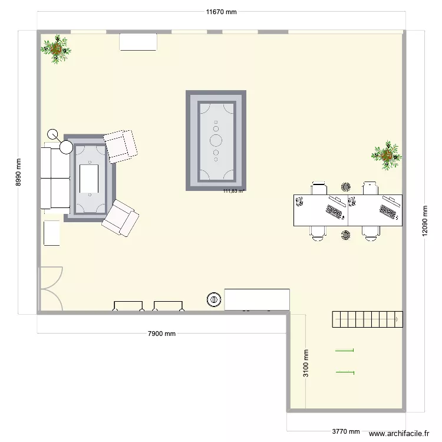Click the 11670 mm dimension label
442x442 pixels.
pyautogui.click(x=221, y=12)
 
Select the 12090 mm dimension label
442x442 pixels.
pyautogui.click(x=424, y=221)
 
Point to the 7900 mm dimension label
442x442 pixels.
pyautogui.click(x=161, y=334)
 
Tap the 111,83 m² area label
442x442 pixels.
pyautogui.click(x=234, y=191)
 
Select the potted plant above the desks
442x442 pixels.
pyautogui.click(x=387, y=156)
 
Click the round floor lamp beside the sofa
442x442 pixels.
pyautogui.click(x=55, y=134)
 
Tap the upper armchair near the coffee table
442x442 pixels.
pyautogui.click(x=120, y=146)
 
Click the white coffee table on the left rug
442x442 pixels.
pyautogui.click(x=88, y=179)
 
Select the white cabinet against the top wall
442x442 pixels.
pyautogui.click(x=138, y=42)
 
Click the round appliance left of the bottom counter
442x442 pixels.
pyautogui.click(x=213, y=300)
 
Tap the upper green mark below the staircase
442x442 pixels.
pyautogui.click(x=345, y=351)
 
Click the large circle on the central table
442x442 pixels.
pyautogui.click(x=216, y=140)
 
